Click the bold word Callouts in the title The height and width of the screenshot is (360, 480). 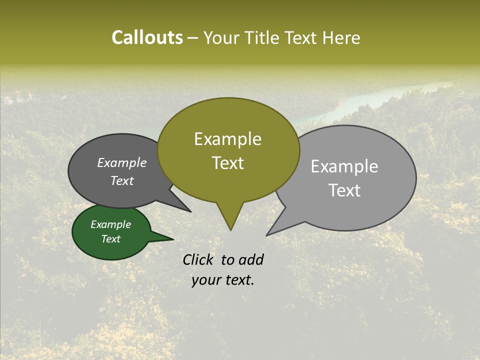[147, 37]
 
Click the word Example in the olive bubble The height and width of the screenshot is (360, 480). [227, 139]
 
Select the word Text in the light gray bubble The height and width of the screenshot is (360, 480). [344, 190]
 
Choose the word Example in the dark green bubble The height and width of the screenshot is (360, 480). [111, 224]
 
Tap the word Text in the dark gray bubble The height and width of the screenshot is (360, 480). [122, 180]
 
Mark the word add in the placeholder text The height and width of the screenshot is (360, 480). [251, 259]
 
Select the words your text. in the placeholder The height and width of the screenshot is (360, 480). [223, 280]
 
